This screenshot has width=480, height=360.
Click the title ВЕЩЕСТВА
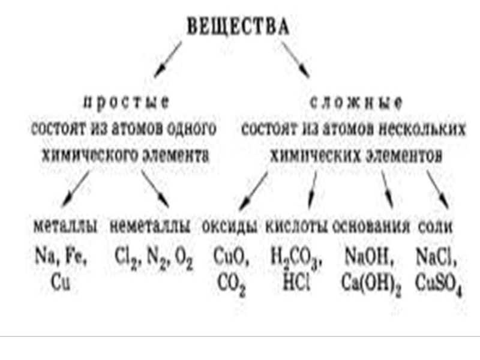tap(238, 27)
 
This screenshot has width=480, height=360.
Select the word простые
tap(125, 102)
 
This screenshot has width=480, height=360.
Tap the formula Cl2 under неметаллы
tap(125, 260)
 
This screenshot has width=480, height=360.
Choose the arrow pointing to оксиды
tap(253, 188)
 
